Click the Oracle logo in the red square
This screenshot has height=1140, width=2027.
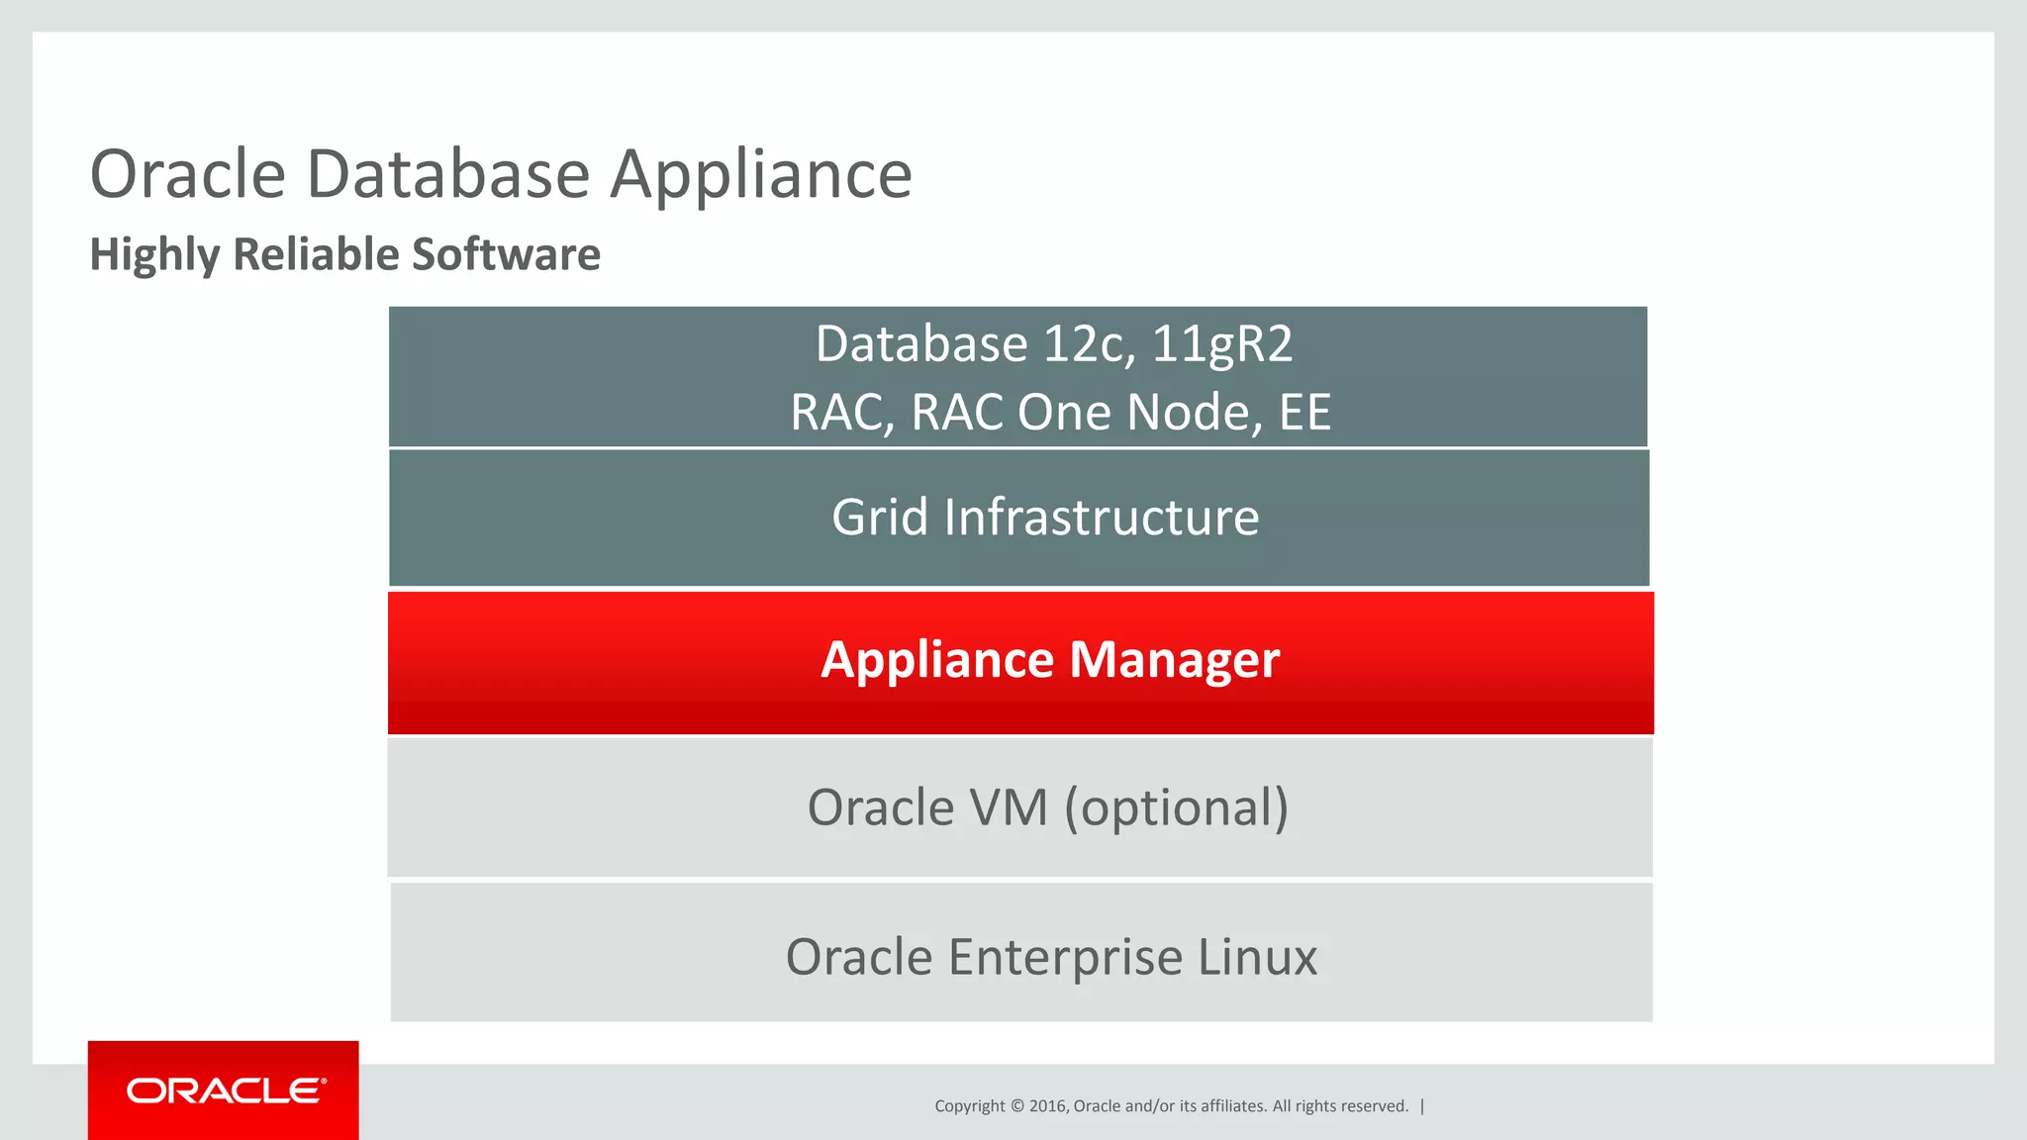click(226, 1091)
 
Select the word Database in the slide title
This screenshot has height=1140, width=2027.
click(448, 174)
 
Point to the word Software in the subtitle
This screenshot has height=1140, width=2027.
click(506, 254)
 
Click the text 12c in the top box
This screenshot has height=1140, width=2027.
click(1084, 344)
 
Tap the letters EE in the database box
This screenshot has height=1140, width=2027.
click(1304, 413)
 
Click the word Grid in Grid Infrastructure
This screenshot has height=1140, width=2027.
click(880, 518)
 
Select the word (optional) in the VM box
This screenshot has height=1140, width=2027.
click(1177, 807)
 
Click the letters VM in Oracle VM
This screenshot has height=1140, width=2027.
click(1009, 807)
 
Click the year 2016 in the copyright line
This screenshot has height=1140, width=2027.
click(1047, 1106)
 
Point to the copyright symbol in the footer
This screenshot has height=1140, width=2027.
click(1017, 1106)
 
